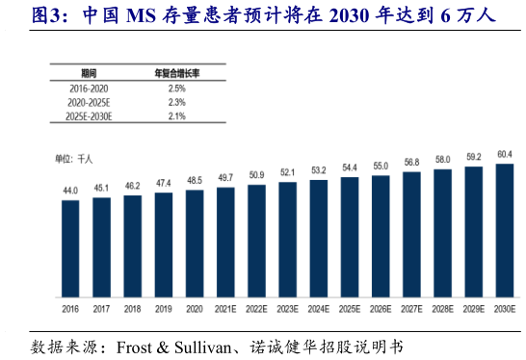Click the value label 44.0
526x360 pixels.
pyautogui.click(x=70, y=192)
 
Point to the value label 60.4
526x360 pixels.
pyautogui.click(x=504, y=154)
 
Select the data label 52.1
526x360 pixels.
pyautogui.click(x=287, y=173)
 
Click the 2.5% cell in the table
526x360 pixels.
pyautogui.click(x=176, y=88)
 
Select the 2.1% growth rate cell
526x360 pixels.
pyautogui.click(x=176, y=116)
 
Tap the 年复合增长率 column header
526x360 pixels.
pyautogui.click(x=176, y=73)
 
